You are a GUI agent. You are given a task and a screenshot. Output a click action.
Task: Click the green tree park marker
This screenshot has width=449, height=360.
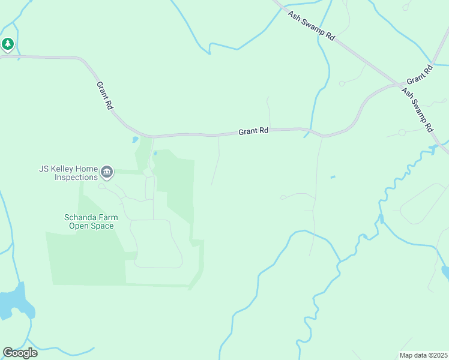[x=7, y=44]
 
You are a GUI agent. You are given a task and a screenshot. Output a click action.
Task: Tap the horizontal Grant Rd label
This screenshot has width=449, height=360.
[x=253, y=130]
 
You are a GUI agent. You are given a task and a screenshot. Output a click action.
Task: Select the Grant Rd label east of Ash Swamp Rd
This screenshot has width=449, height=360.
[x=419, y=75]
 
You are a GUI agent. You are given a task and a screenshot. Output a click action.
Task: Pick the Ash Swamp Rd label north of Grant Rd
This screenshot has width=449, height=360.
[x=311, y=25]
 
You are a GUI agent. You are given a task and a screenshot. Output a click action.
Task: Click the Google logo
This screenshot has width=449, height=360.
[x=20, y=353]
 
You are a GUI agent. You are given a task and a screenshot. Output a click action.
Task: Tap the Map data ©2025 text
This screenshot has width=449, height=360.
[x=423, y=355]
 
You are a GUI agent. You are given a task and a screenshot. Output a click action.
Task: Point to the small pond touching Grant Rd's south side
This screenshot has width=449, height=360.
[x=134, y=140]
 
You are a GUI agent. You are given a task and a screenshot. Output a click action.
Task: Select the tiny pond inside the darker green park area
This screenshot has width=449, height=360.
[x=155, y=154]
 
